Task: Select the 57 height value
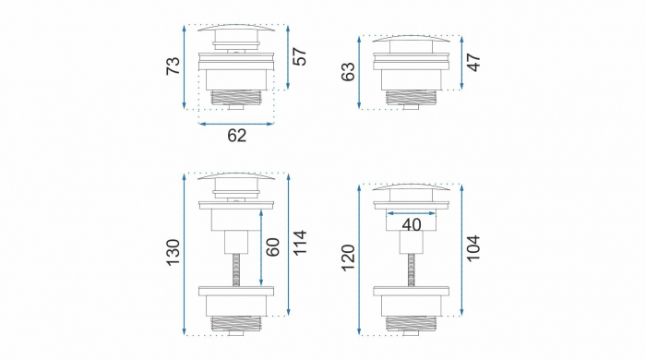[x=298, y=57]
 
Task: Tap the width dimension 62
[x=236, y=137]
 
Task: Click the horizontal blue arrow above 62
[x=236, y=123]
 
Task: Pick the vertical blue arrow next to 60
[x=263, y=246]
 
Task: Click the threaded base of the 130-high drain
[x=237, y=324]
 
